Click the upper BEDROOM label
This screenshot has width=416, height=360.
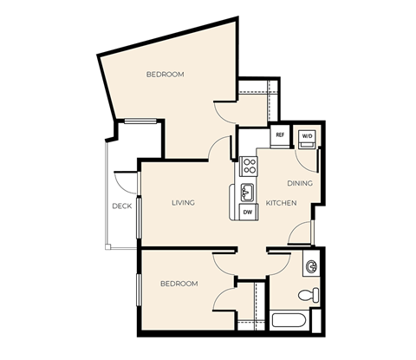(x=165, y=75)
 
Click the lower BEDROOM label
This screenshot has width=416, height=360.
(x=179, y=284)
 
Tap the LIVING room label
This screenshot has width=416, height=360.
(x=183, y=203)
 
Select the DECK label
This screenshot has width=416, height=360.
(x=121, y=206)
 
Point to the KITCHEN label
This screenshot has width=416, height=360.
(x=281, y=203)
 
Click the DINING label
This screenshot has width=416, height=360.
(x=300, y=184)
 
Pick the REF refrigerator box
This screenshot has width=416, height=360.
(x=280, y=136)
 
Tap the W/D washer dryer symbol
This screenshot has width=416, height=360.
(x=307, y=137)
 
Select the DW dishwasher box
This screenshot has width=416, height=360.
(x=247, y=212)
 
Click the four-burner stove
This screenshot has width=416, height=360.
(x=248, y=165)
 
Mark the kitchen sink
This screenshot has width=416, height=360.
(x=247, y=191)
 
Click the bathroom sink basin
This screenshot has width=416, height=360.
(x=310, y=265)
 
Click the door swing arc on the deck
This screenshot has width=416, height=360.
(x=128, y=182)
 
